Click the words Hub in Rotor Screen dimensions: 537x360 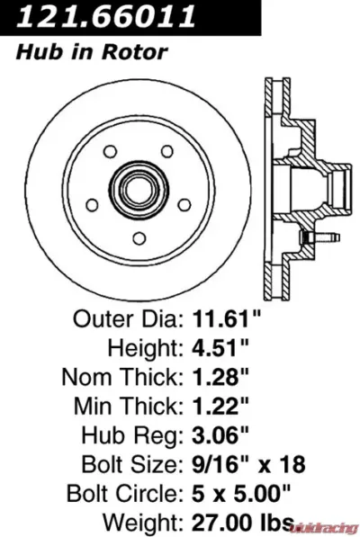(x=92, y=52)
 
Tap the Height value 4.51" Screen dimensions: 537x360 (x=222, y=345)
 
